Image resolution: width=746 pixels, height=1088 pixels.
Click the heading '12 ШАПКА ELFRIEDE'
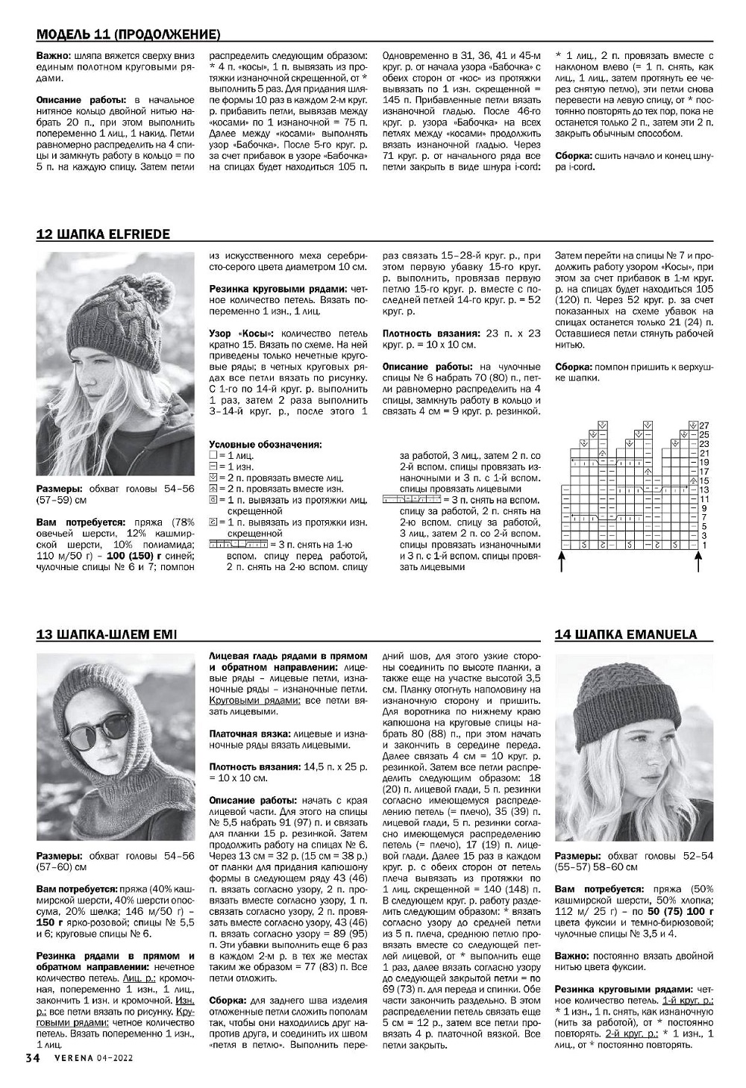coord(103,234)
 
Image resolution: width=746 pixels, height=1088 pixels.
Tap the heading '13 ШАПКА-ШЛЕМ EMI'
coord(107,634)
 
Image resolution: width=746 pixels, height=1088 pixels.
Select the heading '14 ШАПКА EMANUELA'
coord(626,634)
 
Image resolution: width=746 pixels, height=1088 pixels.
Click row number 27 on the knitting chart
coord(703,425)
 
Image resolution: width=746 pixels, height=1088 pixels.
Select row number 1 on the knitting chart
coord(703,545)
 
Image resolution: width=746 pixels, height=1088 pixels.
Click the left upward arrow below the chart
coord(562,560)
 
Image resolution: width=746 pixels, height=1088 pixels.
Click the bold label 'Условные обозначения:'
coord(266,445)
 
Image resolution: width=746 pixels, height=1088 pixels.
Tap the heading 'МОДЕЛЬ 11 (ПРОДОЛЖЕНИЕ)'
coord(128,35)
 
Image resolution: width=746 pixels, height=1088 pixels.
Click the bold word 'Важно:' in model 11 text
coord(53,56)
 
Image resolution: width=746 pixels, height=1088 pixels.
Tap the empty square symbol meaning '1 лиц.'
coord(213,455)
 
